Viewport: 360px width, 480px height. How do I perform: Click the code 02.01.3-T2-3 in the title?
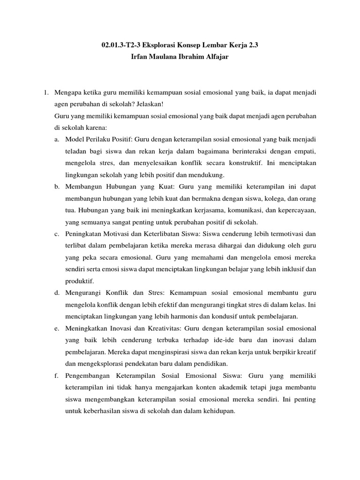tap(123, 45)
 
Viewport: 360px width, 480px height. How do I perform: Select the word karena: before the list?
tap(96, 127)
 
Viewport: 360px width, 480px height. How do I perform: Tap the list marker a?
tap(56, 140)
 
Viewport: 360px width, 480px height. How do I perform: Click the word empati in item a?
tap(302, 151)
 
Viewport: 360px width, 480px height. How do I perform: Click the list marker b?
tap(56, 187)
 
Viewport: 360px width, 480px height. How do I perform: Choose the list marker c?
tap(56, 233)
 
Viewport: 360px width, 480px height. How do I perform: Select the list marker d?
tap(56, 292)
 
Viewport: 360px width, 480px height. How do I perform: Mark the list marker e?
tap(56, 328)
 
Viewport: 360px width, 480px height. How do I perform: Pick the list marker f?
tap(56, 375)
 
